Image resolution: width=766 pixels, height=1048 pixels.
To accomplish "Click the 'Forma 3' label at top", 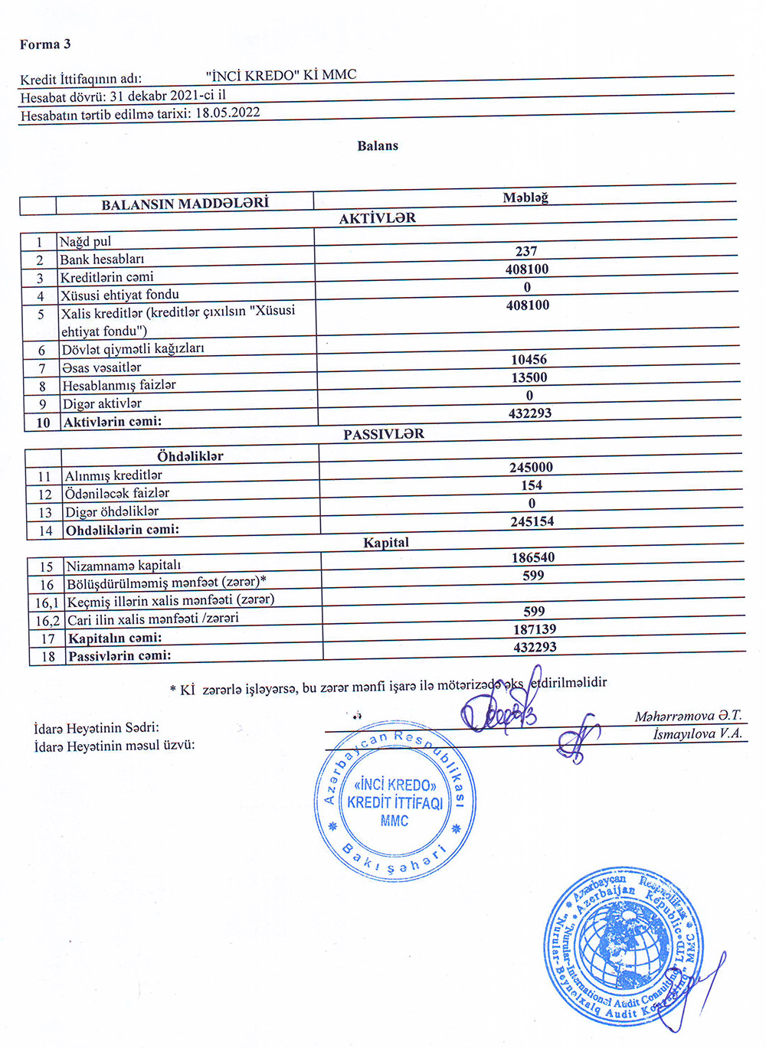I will coord(45,44).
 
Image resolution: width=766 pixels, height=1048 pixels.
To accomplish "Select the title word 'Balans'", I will coord(378,145).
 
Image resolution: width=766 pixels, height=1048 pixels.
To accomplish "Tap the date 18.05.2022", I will coord(228,113).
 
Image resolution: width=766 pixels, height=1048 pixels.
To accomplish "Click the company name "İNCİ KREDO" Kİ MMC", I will coord(281,75).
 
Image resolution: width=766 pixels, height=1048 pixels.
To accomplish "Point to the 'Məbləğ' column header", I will coord(525,198).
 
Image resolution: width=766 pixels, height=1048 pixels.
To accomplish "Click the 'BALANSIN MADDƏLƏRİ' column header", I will coord(185,204).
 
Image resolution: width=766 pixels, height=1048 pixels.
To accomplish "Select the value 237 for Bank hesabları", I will coord(526,251).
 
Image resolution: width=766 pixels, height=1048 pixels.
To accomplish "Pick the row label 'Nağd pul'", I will coord(85,241).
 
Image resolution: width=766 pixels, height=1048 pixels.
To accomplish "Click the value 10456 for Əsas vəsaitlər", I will coord(529,359).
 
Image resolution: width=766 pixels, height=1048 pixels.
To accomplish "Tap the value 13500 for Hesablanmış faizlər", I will coord(529,377).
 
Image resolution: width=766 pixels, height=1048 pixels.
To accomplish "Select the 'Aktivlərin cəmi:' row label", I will coord(113,421).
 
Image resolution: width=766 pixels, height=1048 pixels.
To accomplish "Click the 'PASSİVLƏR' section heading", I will coord(383,434).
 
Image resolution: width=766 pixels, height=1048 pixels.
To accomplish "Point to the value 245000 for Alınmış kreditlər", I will coord(531,467).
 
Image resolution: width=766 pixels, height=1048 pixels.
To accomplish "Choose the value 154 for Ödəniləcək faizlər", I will coord(532,485).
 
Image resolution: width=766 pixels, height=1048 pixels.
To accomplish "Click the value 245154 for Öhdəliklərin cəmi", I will coord(532,521).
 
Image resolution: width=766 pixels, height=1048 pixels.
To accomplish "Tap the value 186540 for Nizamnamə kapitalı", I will coord(533,557).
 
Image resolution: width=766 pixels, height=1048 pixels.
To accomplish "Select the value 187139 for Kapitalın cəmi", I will coord(535,629).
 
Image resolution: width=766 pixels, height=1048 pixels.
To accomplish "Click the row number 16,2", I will coord(47,621).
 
